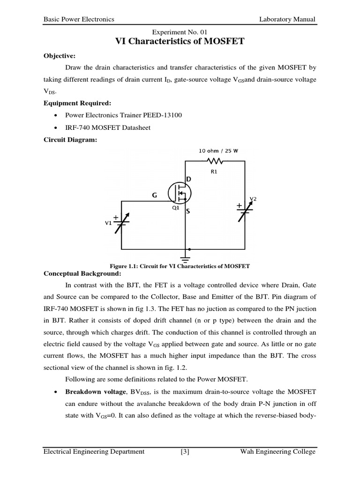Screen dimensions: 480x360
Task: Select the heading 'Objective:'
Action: pos(60,55)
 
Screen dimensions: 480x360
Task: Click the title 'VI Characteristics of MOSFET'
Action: pos(180,41)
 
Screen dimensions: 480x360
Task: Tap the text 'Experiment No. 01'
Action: pos(180,31)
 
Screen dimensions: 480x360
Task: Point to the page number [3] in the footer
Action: pos(184,452)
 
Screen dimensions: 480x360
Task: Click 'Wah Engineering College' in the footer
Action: pos(277,452)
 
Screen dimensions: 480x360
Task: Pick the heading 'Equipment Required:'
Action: pos(77,103)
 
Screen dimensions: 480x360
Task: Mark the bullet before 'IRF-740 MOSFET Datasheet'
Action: pos(56,128)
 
